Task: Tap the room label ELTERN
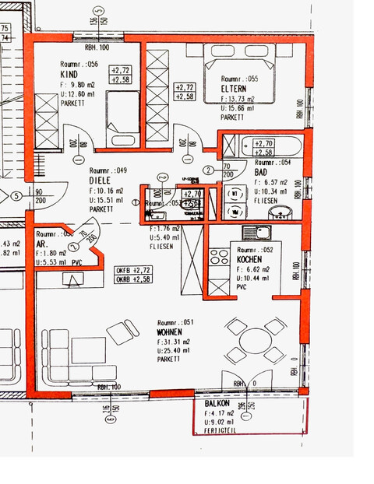tap(235, 89)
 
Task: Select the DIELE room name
tap(101, 180)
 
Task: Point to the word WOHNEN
tap(171, 332)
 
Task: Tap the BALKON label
tap(217, 405)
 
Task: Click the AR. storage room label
tap(42, 243)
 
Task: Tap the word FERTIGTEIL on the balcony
tap(222, 430)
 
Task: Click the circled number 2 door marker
tap(208, 170)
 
